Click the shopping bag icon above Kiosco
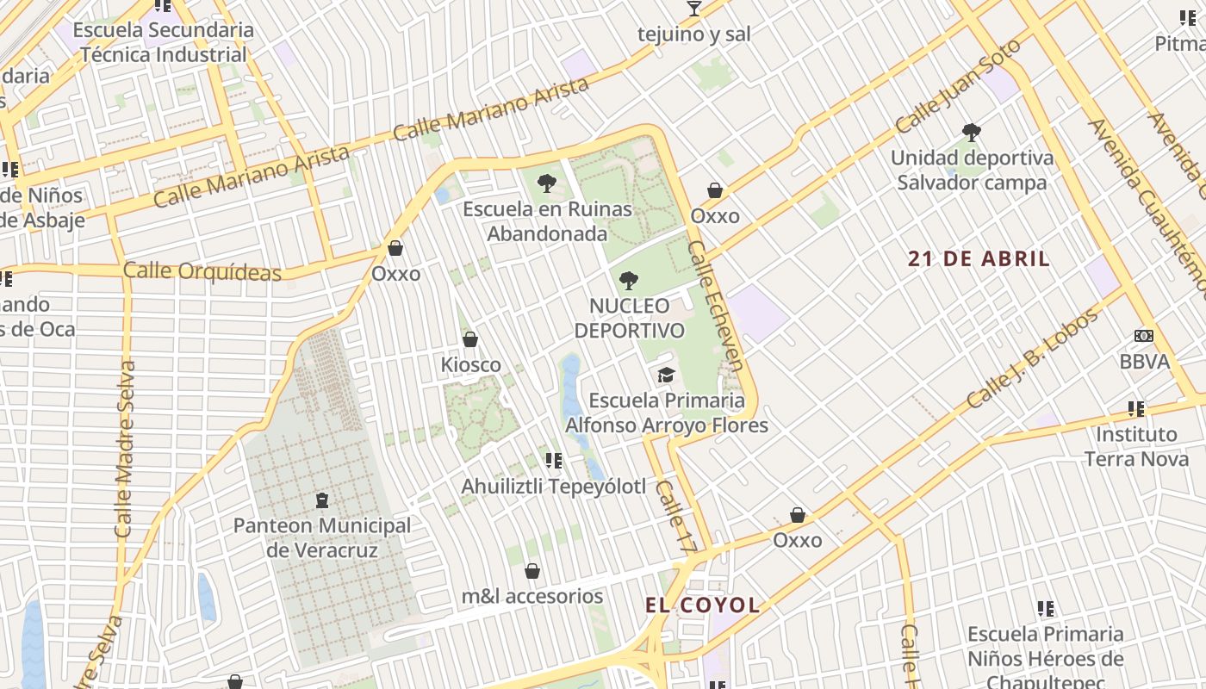click(470, 339)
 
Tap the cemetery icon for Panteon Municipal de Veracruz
click(322, 500)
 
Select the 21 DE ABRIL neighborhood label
click(979, 258)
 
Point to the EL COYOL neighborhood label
click(703, 605)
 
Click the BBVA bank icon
click(1144, 336)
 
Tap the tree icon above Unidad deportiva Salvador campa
click(972, 133)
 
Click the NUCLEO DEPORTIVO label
click(629, 318)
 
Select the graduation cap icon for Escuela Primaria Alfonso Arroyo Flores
click(666, 375)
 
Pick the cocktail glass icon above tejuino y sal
click(693, 9)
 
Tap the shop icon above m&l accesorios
click(532, 571)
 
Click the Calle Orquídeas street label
click(202, 271)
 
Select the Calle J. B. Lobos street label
click(1033, 358)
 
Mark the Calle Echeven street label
click(716, 306)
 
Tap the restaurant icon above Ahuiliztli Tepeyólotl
click(553, 461)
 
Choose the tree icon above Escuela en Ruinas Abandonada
click(545, 183)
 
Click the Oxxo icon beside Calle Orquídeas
click(395, 249)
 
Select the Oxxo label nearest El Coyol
click(797, 540)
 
